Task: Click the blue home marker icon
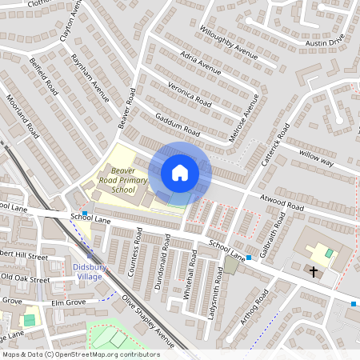click(180, 172)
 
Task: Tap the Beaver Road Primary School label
click(122, 180)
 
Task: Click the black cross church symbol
click(314, 272)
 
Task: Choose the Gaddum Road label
click(178, 119)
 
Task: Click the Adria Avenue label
click(198, 62)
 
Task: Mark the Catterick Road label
click(275, 144)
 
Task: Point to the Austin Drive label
click(325, 38)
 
